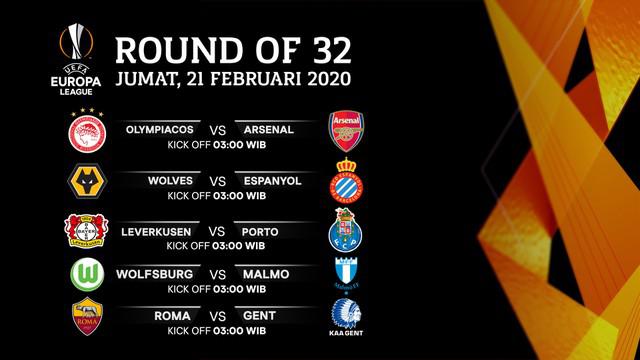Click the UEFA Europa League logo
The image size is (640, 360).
point(77,59)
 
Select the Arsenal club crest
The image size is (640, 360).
point(346,131)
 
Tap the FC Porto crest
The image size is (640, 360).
point(347,231)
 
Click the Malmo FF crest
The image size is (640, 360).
point(347,273)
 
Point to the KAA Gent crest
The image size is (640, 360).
point(347,318)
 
